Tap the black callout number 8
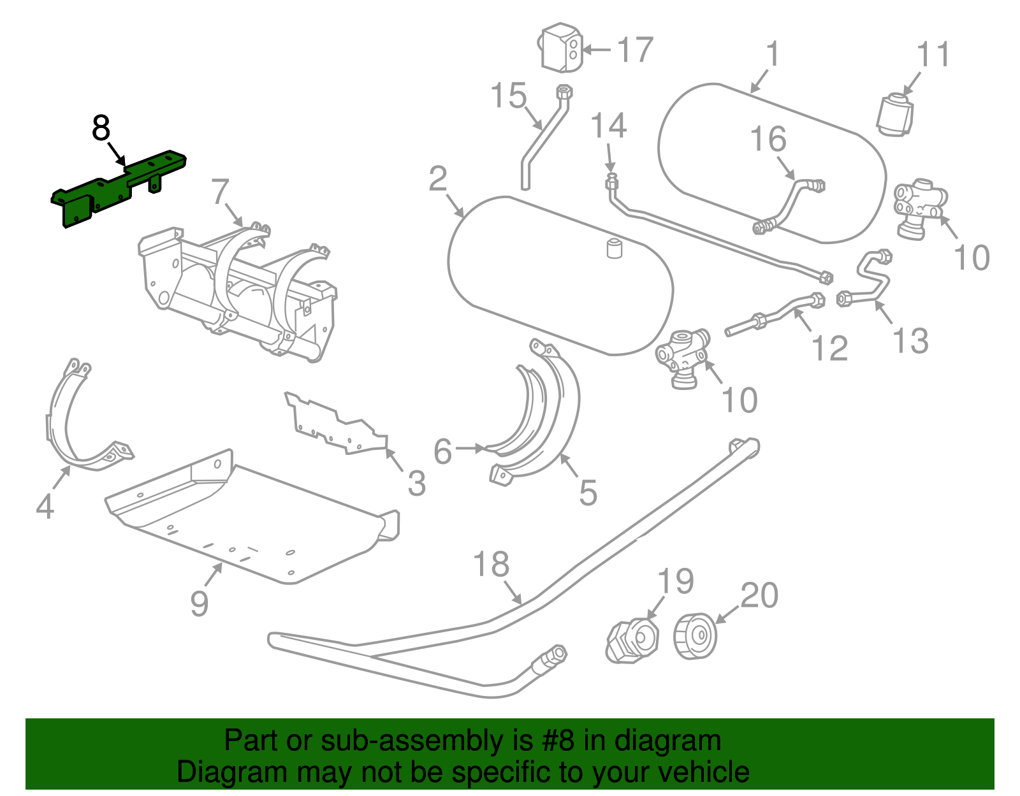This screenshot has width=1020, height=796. [x=101, y=128]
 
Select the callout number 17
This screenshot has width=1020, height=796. [x=635, y=50]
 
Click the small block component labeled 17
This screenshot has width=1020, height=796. [x=561, y=48]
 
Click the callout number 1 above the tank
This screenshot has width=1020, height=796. [x=773, y=55]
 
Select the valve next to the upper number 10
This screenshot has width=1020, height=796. [x=920, y=208]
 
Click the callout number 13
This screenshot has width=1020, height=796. [x=910, y=340]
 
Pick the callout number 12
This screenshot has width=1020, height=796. [x=829, y=349]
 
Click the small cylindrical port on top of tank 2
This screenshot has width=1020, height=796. [x=614, y=249]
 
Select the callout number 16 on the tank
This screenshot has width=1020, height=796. [x=768, y=139]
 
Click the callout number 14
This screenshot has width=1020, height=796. [x=609, y=126]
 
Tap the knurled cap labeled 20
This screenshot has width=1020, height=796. [x=695, y=636]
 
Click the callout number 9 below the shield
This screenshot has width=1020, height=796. [x=199, y=603]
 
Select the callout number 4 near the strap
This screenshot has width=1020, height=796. [x=45, y=507]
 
